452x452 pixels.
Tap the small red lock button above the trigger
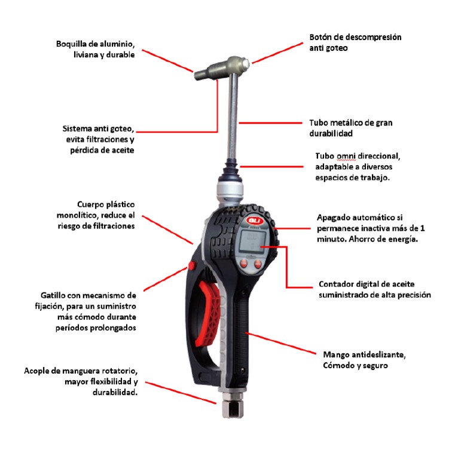pos(192,265)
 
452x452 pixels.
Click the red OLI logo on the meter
pos(254,221)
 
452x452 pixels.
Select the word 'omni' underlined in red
pos(346,156)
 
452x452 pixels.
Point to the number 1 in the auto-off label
pos(422,228)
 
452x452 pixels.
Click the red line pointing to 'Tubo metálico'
pos(270,123)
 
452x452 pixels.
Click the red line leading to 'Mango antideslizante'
pos(281,343)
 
